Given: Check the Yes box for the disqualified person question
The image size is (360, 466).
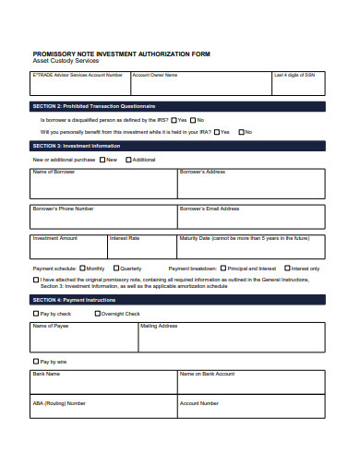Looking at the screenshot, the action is coord(173,120).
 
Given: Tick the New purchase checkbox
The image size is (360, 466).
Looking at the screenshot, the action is coord(102,160).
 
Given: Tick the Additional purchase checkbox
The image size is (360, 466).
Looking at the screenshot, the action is coord(128,160).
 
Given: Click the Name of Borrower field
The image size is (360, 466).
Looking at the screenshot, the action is coord(103,187).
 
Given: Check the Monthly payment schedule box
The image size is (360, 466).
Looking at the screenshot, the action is coord(82,269).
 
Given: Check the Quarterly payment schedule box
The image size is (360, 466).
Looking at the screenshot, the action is coord(115,269).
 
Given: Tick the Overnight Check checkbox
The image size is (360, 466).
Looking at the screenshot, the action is coord(96,314).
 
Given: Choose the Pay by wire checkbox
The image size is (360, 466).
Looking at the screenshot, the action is coord(36,361).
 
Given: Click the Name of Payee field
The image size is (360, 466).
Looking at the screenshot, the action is coord(84,341).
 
